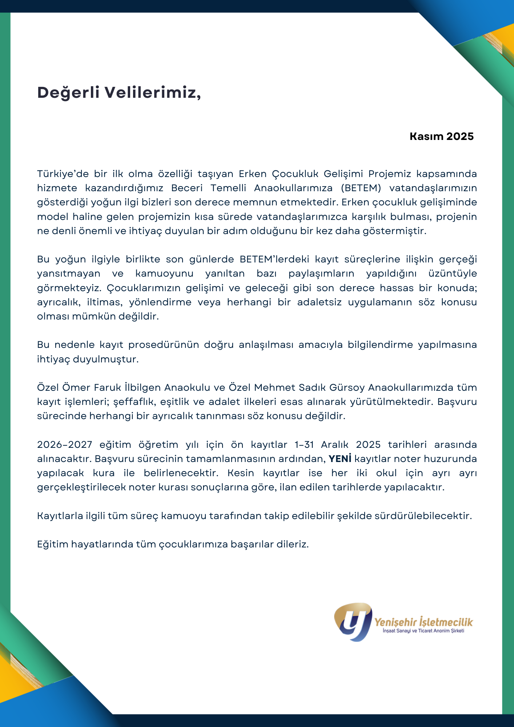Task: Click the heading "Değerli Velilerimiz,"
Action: [x=119, y=93]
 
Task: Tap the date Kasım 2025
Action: [x=441, y=136]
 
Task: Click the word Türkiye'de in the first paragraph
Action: [x=63, y=174]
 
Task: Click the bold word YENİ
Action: [x=340, y=459]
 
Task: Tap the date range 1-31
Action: [x=304, y=445]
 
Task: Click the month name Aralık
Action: [x=334, y=445]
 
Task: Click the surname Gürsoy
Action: [x=346, y=387]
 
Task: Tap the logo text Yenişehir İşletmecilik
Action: [x=423, y=622]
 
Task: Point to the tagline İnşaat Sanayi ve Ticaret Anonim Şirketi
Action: [x=423, y=631]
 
